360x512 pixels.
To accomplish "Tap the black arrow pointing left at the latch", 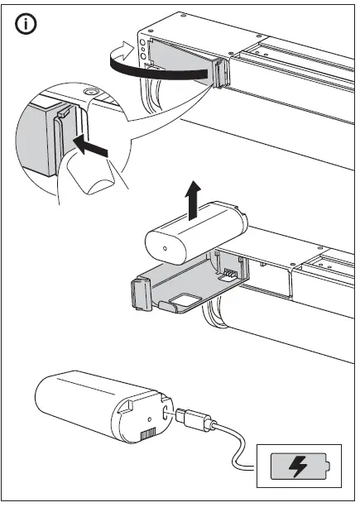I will tap(91, 149).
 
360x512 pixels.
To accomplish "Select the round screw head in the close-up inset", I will tap(91, 93).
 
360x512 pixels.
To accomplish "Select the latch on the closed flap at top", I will tap(221, 73).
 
